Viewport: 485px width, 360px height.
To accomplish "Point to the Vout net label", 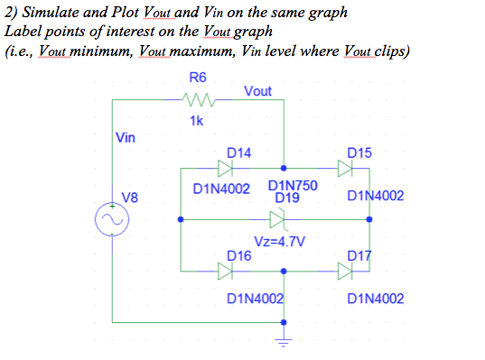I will tap(258, 91).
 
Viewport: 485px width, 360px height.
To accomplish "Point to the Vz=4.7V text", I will tap(280, 242).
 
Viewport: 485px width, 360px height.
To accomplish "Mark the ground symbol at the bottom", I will tap(285, 341).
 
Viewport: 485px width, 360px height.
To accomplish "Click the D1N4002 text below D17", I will tap(375, 298).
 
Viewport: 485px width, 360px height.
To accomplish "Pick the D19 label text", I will tap(287, 197).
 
